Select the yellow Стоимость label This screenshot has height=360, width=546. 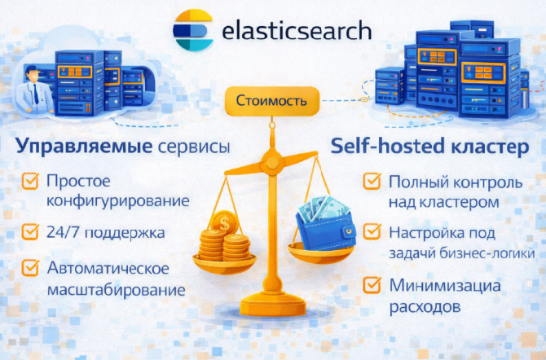point(271,102)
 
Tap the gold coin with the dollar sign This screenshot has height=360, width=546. point(223,222)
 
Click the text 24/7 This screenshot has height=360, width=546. point(63,233)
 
